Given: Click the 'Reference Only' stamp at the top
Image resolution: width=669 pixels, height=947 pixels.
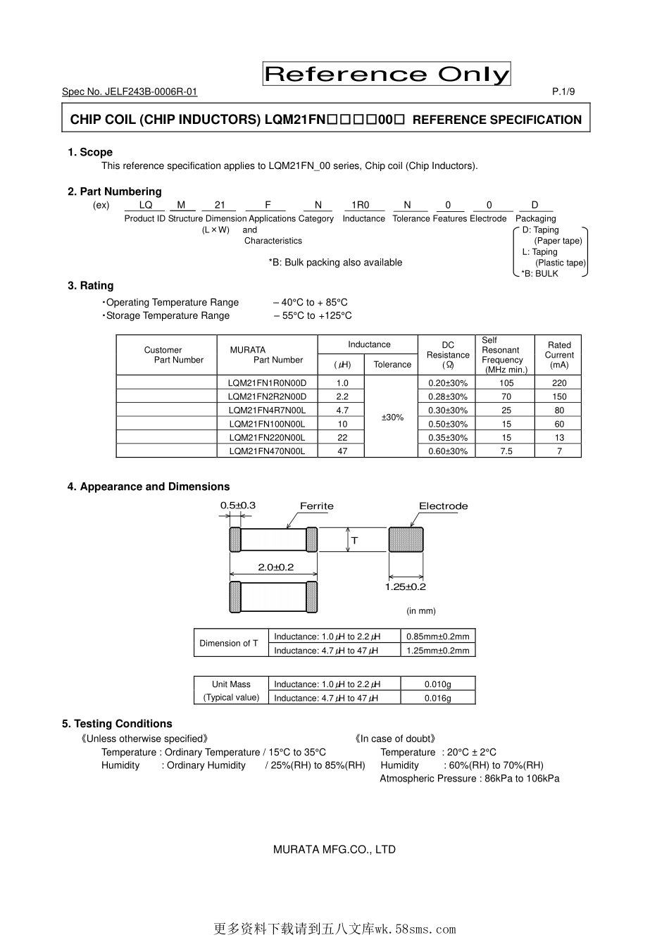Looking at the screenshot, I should (x=387, y=74).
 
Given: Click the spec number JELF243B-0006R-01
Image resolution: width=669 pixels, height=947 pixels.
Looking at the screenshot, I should (x=130, y=92).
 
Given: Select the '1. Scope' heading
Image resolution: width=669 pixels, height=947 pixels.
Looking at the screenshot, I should (x=90, y=152).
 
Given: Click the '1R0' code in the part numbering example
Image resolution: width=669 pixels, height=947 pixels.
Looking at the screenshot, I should (x=361, y=205).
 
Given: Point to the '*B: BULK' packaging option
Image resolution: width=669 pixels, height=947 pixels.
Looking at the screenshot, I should (x=540, y=274).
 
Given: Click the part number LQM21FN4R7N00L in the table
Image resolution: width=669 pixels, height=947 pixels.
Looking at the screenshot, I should (x=267, y=410).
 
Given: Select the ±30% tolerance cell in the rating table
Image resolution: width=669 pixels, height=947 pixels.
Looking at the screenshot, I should (x=392, y=417).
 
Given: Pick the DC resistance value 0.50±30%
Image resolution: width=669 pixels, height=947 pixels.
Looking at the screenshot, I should (x=448, y=424).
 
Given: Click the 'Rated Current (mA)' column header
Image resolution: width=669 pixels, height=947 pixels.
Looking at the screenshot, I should (x=559, y=355).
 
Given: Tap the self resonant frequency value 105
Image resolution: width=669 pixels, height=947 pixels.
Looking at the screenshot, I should (x=506, y=383).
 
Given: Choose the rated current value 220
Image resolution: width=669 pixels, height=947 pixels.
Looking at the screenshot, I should (x=559, y=383).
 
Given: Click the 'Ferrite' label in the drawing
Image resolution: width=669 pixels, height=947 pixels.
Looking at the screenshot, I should (x=317, y=506).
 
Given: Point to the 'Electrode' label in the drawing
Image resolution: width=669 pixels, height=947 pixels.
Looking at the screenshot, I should (x=443, y=506).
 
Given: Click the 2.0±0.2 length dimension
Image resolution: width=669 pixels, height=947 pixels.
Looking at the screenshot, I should (x=275, y=567).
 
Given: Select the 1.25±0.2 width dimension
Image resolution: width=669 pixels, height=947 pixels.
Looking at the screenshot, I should (x=406, y=587).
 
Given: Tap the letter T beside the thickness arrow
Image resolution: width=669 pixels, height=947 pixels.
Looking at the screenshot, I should (x=355, y=541).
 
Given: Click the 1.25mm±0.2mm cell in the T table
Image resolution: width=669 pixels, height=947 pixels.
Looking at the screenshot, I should (x=438, y=651).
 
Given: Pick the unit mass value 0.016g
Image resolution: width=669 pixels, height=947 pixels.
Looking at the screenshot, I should (x=438, y=698).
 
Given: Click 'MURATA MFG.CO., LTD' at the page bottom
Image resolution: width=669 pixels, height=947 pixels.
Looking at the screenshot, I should (x=334, y=849).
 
